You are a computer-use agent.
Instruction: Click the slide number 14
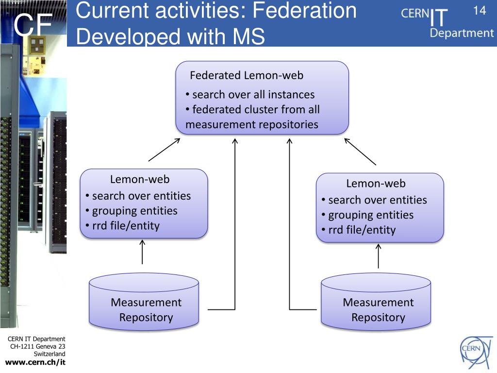coord(479,11)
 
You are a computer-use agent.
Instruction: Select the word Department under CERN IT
coord(461,34)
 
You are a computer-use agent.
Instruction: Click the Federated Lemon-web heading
coord(247,75)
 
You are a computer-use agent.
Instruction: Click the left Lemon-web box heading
coord(140,179)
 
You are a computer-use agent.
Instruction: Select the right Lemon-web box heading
coord(376,184)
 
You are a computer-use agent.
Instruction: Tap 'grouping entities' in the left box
coord(134,211)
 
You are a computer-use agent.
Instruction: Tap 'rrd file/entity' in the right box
coord(362,230)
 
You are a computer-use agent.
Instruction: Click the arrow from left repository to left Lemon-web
coord(142,252)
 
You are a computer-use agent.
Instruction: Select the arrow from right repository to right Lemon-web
coord(378,256)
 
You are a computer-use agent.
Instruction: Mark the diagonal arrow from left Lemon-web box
coord(164,150)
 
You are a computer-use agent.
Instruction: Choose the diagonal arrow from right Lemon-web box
coord(360,152)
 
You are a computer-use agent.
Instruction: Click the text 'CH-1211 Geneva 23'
coord(38,346)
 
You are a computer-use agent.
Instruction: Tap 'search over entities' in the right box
coord(378,200)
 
